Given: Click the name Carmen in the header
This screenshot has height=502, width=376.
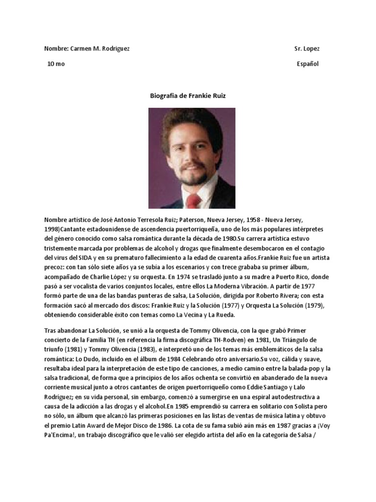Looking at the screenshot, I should [x=81, y=49].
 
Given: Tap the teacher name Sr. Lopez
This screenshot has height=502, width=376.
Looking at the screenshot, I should [x=307, y=49].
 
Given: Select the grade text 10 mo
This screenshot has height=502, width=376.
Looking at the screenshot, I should [x=56, y=64].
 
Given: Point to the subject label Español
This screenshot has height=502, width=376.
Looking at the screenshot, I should [x=307, y=64].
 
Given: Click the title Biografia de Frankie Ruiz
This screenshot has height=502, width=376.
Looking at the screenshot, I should [x=188, y=96].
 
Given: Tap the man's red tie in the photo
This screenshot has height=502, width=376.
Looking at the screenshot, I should [x=193, y=201].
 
